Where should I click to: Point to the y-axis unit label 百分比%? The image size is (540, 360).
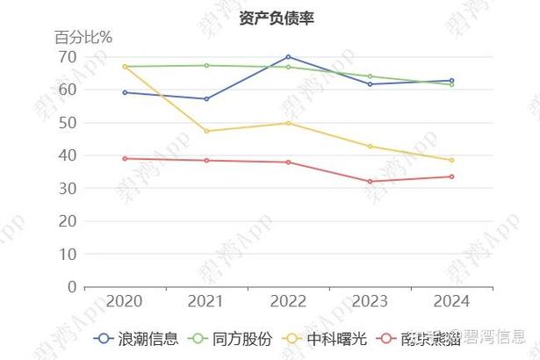[83, 37]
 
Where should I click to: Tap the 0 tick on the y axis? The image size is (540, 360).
[70, 286]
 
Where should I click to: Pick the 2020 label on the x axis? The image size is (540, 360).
[125, 301]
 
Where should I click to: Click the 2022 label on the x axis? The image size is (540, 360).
[288, 301]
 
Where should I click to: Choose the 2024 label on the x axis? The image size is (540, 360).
[451, 301]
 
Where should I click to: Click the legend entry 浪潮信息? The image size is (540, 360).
[137, 338]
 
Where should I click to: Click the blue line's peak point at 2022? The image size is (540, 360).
[288, 56]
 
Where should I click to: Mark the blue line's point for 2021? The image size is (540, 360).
[206, 99]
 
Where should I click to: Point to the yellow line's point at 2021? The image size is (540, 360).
[206, 131]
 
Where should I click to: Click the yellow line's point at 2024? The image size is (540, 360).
[451, 160]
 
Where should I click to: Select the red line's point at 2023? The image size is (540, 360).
[370, 182]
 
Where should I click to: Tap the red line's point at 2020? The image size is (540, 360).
[125, 158]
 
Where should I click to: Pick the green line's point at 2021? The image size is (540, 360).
[206, 65]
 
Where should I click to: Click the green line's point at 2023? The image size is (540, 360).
[370, 76]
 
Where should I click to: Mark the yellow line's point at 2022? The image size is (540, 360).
[288, 123]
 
